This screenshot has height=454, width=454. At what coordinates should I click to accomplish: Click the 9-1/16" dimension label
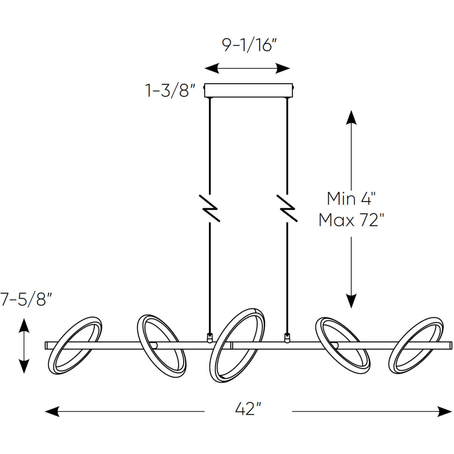tap(249, 46)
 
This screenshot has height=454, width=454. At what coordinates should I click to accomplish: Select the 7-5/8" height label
tap(26, 299)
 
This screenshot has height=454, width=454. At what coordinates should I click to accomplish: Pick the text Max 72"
tap(351, 220)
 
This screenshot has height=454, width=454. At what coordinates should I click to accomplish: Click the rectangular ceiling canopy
tap(249, 90)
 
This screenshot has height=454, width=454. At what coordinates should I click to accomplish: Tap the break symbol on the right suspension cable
tap(287, 208)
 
